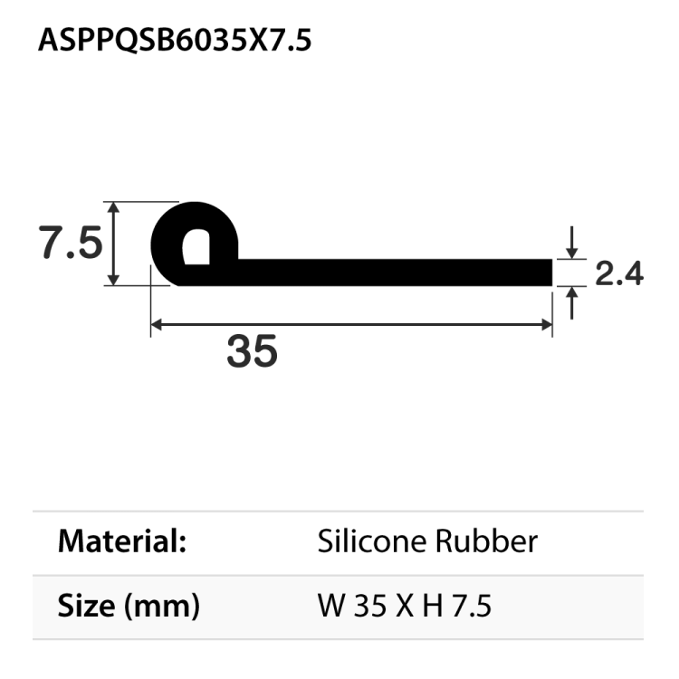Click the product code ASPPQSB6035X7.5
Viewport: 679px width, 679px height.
pyautogui.click(x=175, y=42)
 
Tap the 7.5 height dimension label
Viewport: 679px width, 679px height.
pyautogui.click(x=70, y=243)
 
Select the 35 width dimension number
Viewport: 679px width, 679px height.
pyautogui.click(x=252, y=350)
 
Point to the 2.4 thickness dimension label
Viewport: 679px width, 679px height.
pyautogui.click(x=619, y=273)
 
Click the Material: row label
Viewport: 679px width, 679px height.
pyautogui.click(x=122, y=542)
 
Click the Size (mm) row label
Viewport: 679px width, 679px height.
pyautogui.click(x=128, y=606)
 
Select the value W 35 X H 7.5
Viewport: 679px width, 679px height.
pyautogui.click(x=404, y=606)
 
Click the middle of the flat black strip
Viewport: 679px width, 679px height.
pyautogui.click(x=395, y=272)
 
